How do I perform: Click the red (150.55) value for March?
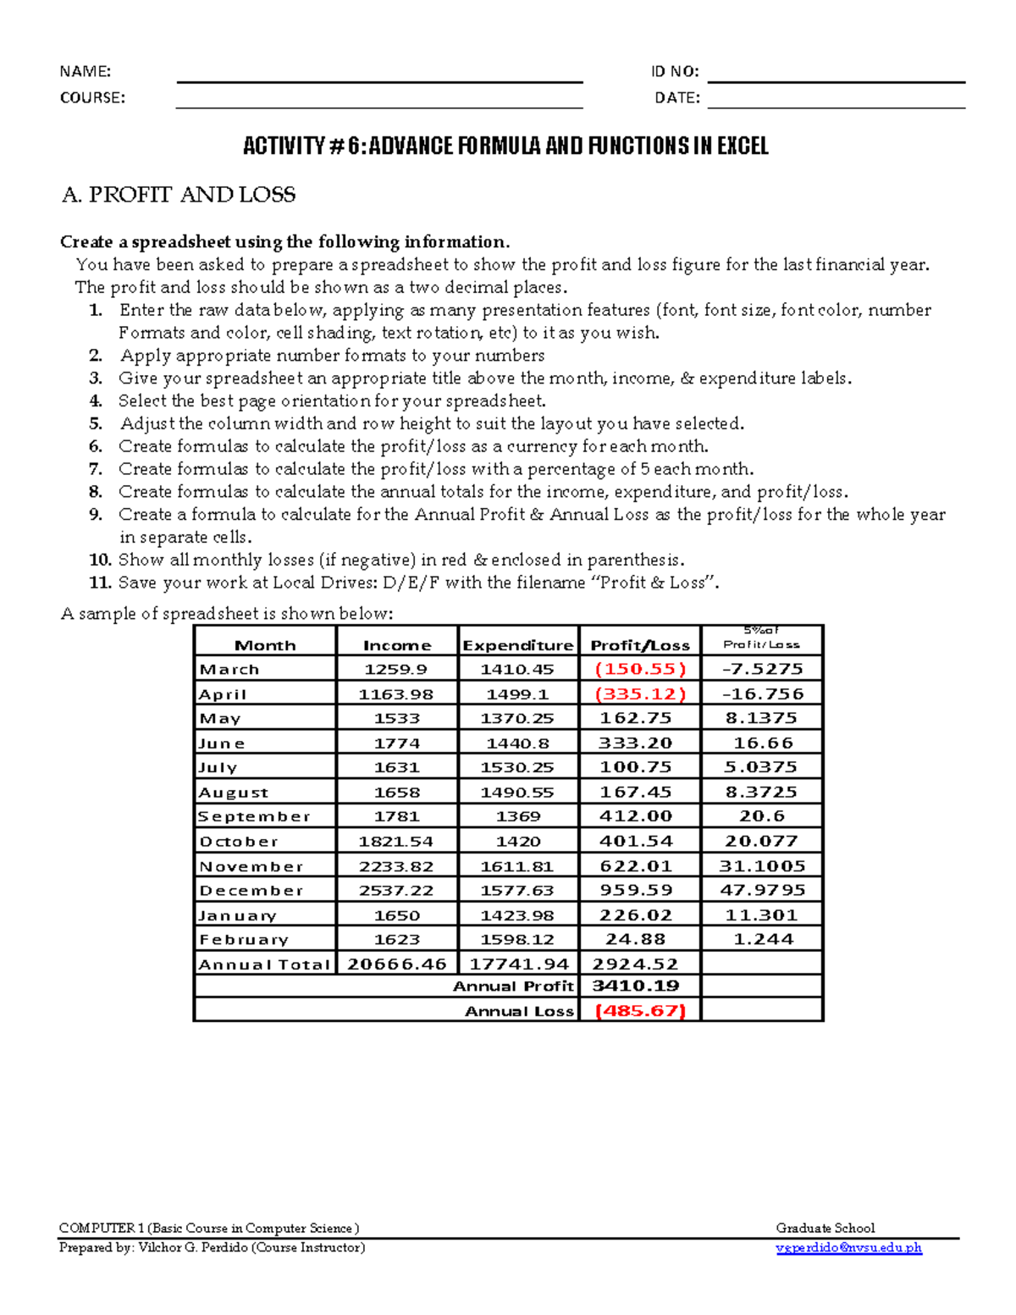(640, 669)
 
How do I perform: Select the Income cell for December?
(396, 891)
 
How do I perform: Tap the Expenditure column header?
(518, 645)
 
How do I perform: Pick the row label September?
(254, 817)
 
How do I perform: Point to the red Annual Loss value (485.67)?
(640, 1010)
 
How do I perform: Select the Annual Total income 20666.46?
(397, 964)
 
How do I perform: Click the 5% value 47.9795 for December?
(762, 890)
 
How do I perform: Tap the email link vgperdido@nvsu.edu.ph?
(848, 1247)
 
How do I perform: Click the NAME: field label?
(85, 72)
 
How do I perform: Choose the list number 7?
(96, 469)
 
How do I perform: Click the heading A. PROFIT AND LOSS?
(179, 195)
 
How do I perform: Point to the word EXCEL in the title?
(743, 146)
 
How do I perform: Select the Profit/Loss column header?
(640, 645)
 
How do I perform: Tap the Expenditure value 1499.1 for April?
(517, 694)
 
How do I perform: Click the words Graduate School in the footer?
(825, 1228)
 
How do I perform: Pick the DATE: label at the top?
(677, 98)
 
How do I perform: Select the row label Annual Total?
(264, 964)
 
